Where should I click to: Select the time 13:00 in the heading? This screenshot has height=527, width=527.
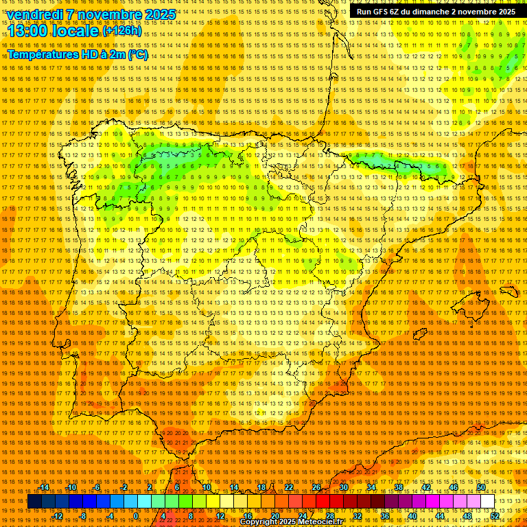point(32,32)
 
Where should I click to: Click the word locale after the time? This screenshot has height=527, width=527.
point(79,32)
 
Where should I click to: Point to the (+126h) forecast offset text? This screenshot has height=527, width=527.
point(122,31)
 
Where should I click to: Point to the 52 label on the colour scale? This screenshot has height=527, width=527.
point(495,516)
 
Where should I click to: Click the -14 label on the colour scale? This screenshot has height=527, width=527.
point(44,487)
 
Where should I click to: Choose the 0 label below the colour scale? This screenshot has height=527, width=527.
point(136,516)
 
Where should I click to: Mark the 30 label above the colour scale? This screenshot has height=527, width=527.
point(343,487)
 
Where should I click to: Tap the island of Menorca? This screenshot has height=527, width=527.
point(510,291)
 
